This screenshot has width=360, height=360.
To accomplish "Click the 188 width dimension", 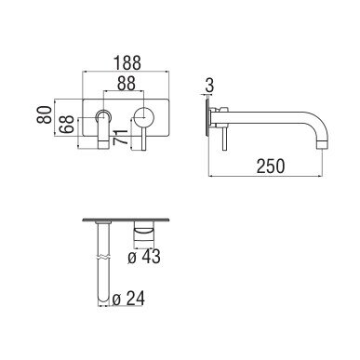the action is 127,62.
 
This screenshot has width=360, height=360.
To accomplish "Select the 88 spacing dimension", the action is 127,83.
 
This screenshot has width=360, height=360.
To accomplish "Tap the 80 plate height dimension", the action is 45,114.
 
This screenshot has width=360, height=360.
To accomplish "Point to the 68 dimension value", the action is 67,125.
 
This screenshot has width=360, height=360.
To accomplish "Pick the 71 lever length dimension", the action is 121,137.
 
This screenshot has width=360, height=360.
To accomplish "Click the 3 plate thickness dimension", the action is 210,85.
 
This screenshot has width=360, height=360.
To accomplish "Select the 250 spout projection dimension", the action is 271,166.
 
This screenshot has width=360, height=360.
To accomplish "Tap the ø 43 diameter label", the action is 144,257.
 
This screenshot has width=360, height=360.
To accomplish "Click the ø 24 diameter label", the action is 128,299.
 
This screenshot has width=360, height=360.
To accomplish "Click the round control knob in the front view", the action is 143,117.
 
